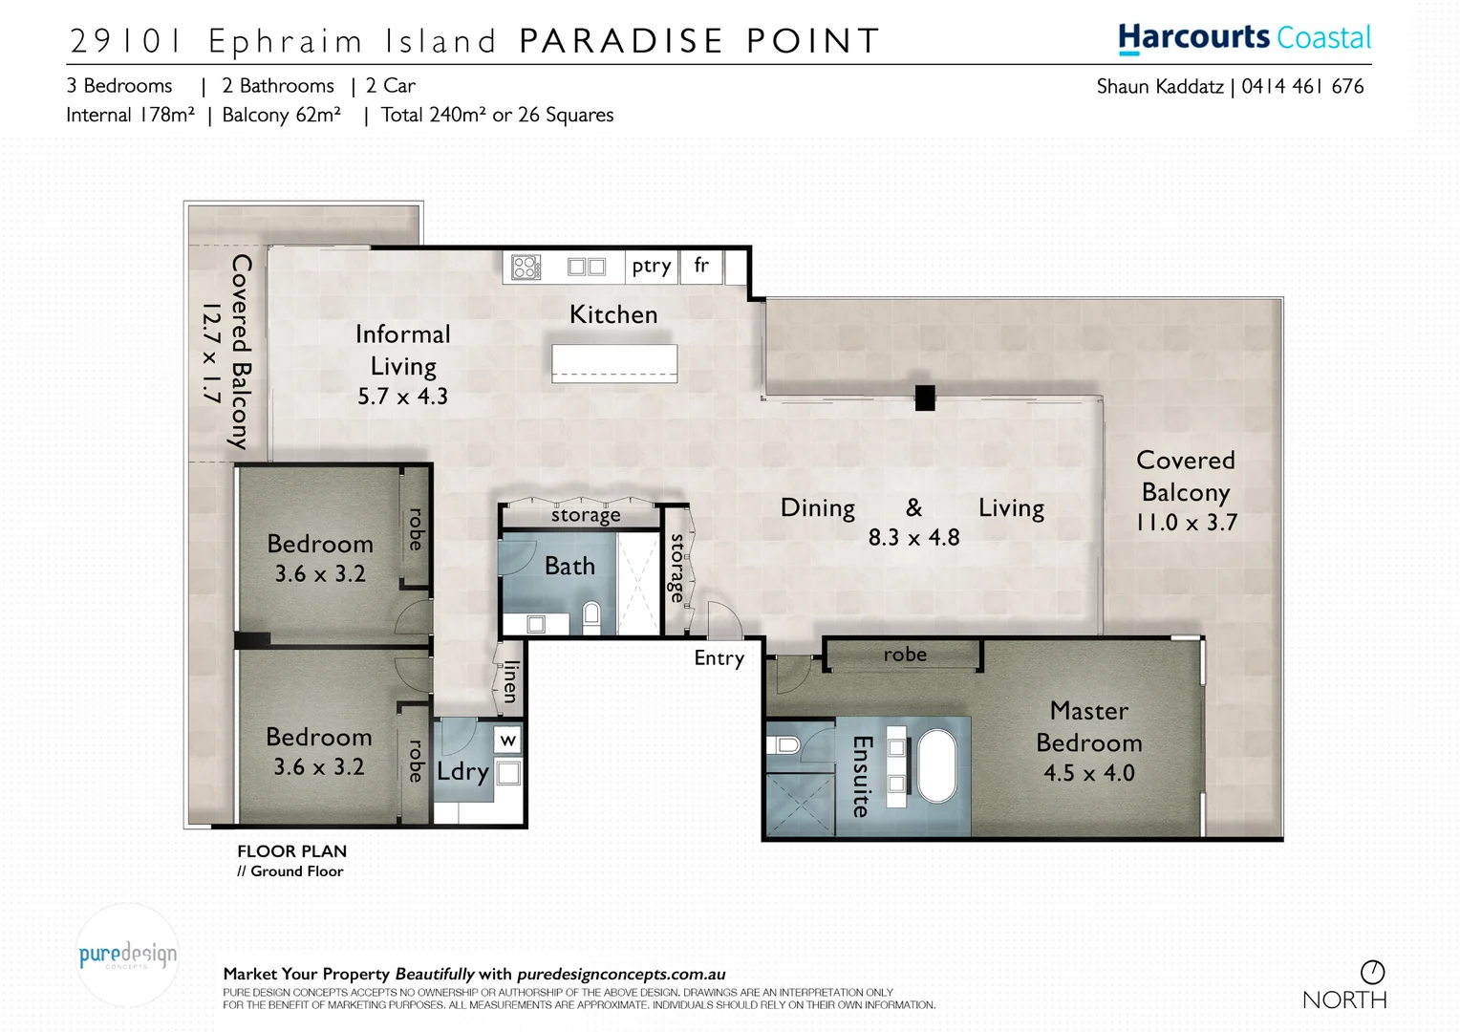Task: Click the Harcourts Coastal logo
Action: tap(1244, 38)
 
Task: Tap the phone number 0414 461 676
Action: tap(1302, 87)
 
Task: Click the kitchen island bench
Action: tap(614, 363)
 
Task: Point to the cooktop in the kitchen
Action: tap(526, 267)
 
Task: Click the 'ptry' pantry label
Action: tap(652, 267)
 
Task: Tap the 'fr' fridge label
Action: tap(701, 266)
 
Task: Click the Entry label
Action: tap(719, 658)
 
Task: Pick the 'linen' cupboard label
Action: tap(511, 681)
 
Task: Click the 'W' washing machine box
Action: tap(508, 741)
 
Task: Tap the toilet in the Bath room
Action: tap(591, 616)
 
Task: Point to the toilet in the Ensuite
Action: tap(785, 744)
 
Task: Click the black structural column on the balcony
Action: tap(924, 398)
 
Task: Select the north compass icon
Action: tap(1372, 972)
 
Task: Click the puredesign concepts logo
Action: tap(127, 955)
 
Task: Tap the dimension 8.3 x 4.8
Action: tap(913, 538)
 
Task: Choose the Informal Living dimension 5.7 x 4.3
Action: tap(402, 397)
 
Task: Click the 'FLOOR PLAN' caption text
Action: tap(291, 851)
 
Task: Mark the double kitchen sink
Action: tap(587, 267)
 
